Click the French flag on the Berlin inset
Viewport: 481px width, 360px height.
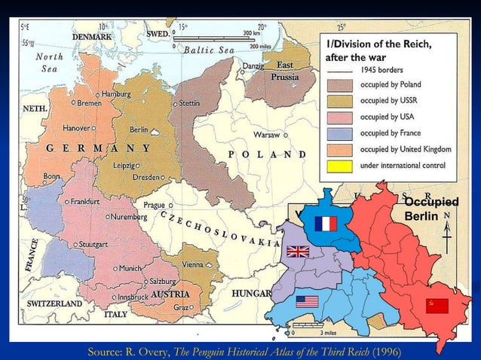click(x=326, y=223)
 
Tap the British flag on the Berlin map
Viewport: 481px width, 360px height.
click(x=298, y=252)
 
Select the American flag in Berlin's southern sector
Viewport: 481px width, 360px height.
click(x=307, y=301)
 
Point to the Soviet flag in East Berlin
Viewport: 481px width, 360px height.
click(x=437, y=305)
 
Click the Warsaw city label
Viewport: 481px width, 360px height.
click(x=267, y=136)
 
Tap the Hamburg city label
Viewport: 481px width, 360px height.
click(x=115, y=93)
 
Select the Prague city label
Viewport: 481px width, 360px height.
click(x=155, y=205)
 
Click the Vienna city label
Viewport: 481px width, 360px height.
click(x=192, y=265)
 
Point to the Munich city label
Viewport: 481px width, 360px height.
click(x=130, y=268)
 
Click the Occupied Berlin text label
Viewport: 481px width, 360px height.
click(x=430, y=209)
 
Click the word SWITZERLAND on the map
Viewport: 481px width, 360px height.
click(x=54, y=303)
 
